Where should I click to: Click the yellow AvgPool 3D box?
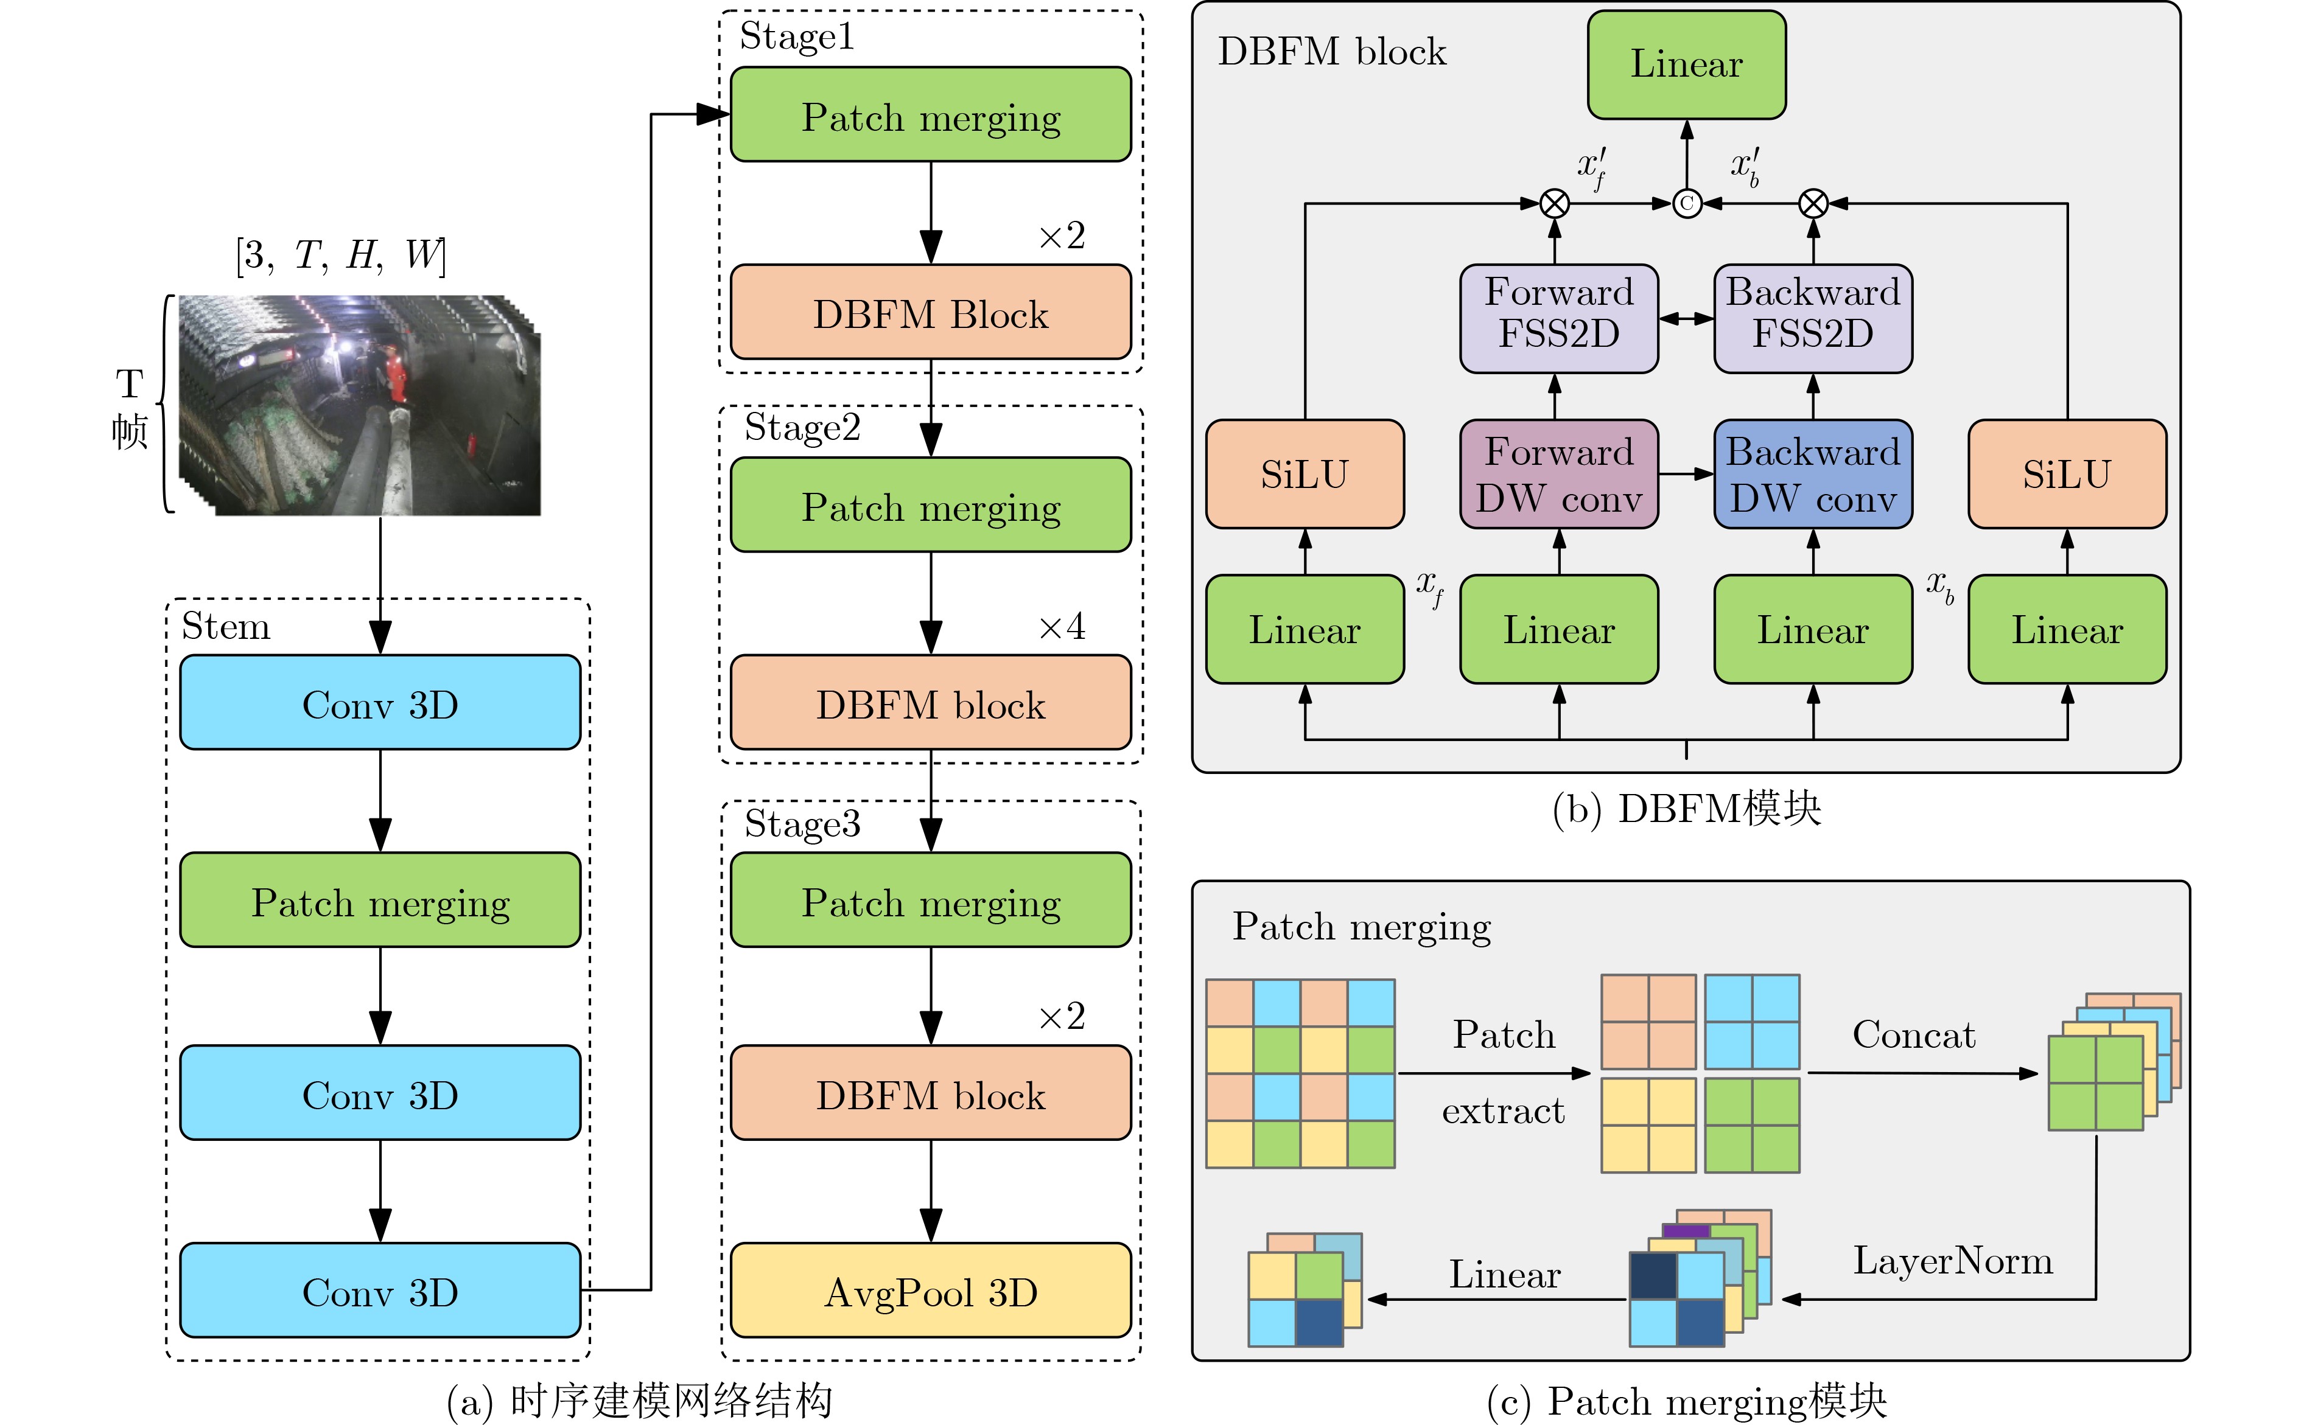point(930,1291)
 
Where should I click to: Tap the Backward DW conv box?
point(1812,474)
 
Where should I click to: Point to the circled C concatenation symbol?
point(1686,203)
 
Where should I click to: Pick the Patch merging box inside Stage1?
point(930,115)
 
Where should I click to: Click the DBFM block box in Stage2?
point(930,703)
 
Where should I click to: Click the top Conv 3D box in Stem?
point(380,703)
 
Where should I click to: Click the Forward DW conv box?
point(1558,474)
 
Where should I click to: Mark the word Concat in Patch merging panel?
point(1913,1035)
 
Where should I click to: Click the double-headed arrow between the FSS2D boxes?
point(1686,319)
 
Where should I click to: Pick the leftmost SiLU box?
point(1304,474)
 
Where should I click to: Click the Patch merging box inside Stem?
point(380,901)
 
